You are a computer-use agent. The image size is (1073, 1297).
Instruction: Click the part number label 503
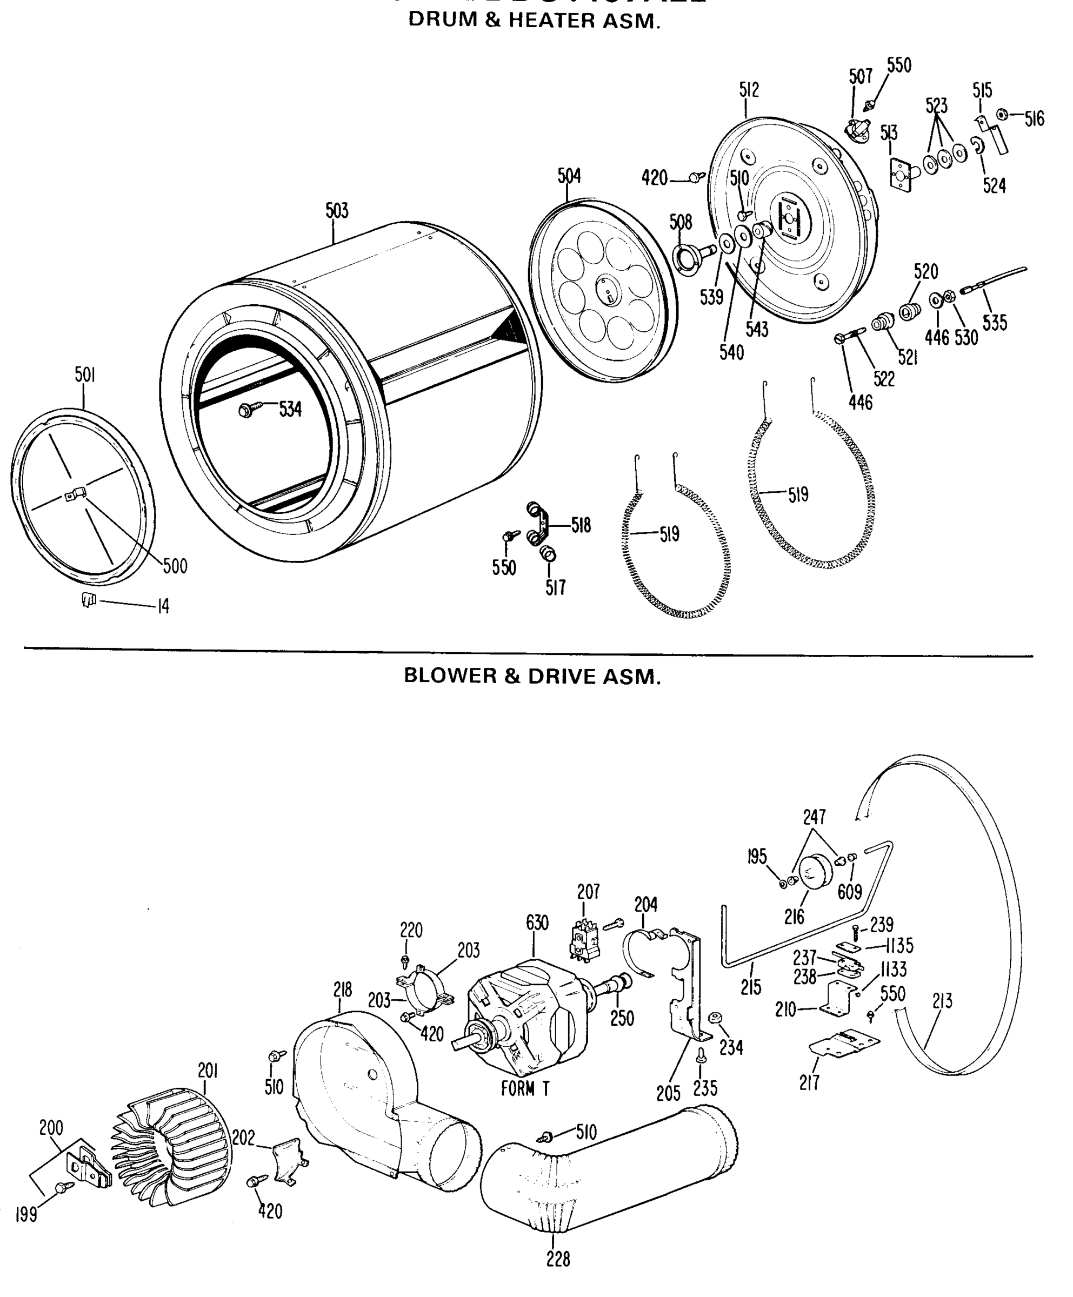(337, 211)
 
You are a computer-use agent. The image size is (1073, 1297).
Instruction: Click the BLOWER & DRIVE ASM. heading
(532, 676)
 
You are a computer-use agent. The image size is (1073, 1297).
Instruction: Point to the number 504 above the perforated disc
(569, 177)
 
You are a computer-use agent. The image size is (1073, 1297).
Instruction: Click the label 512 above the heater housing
(749, 90)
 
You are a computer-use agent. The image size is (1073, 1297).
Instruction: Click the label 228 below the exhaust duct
(558, 1259)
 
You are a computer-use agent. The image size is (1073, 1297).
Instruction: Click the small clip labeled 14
(89, 599)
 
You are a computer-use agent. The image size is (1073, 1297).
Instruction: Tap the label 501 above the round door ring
(85, 375)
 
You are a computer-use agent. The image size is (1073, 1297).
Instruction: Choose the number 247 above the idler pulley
(814, 817)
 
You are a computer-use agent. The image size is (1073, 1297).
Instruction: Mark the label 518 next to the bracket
(581, 526)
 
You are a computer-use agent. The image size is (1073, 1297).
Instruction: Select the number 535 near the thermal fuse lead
(995, 323)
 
